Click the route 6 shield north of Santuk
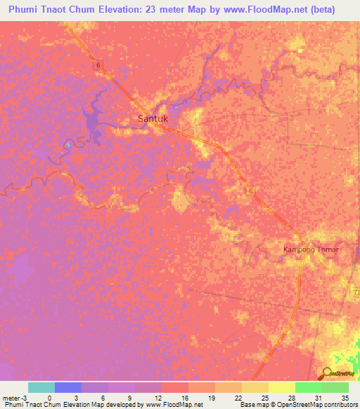click(99, 65)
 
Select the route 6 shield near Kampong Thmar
click(250, 190)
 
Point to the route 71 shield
click(354, 290)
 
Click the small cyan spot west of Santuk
click(67, 145)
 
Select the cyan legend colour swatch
click(41, 387)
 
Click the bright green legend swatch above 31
click(309, 387)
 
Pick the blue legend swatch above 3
click(68, 387)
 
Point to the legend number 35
click(345, 397)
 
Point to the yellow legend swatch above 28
click(282, 387)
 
